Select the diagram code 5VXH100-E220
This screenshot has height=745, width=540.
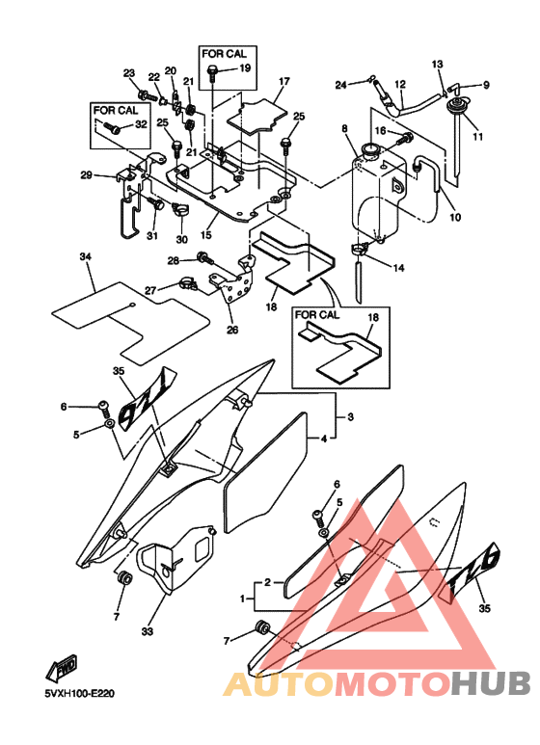click(x=80, y=694)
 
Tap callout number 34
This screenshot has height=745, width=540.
click(x=85, y=257)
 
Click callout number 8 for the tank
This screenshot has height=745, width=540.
click(x=344, y=129)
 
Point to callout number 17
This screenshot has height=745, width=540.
click(x=283, y=81)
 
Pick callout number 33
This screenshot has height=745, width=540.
click(x=148, y=631)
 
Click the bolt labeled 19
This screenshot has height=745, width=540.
click(x=212, y=71)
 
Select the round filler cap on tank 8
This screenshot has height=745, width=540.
click(x=370, y=150)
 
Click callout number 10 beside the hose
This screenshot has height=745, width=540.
click(x=455, y=217)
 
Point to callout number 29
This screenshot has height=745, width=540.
click(x=86, y=175)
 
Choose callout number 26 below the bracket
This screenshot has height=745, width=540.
click(x=232, y=329)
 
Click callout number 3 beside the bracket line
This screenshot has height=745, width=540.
click(x=350, y=417)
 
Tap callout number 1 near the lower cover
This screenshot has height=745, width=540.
click(x=243, y=599)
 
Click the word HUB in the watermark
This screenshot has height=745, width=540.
click(x=491, y=683)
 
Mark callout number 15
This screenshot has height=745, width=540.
click(x=205, y=235)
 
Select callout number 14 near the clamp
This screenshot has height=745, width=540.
click(x=398, y=268)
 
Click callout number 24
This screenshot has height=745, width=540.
click(x=340, y=85)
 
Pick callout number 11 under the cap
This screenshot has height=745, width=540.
click(x=477, y=136)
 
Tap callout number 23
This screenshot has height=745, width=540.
click(x=129, y=73)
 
